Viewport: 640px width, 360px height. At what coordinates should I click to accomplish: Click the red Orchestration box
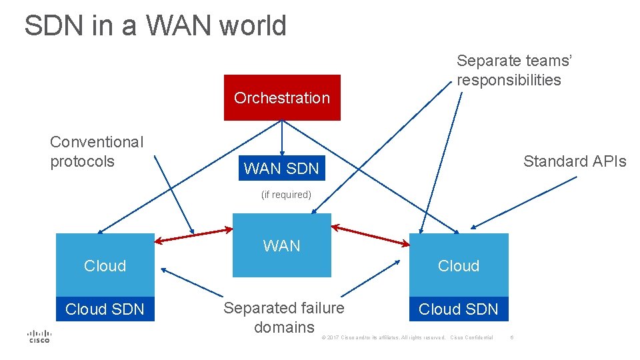pyautogui.click(x=282, y=97)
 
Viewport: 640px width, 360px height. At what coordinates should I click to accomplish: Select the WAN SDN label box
pyautogui.click(x=282, y=169)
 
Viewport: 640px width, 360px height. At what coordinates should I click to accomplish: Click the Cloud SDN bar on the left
pyautogui.click(x=105, y=309)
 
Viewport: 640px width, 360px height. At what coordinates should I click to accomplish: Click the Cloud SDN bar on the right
pyautogui.click(x=458, y=309)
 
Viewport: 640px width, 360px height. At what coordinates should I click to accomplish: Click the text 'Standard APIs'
pyautogui.click(x=575, y=161)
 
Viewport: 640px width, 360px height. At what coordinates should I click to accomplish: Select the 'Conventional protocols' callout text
pyautogui.click(x=97, y=151)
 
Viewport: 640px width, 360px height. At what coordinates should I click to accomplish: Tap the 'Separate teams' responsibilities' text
pyautogui.click(x=514, y=70)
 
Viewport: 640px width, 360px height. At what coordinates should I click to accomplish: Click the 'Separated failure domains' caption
pyautogui.click(x=284, y=317)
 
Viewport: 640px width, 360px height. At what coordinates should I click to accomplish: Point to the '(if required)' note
pyautogui.click(x=286, y=195)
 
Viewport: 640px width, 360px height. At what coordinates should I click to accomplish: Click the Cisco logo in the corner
pyautogui.click(x=39, y=336)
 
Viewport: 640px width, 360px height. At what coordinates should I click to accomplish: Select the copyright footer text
pyautogui.click(x=407, y=337)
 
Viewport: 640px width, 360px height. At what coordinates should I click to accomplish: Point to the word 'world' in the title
pyautogui.click(x=253, y=26)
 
